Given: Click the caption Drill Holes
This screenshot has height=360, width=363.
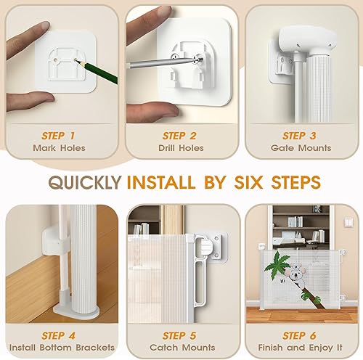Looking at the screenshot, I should tap(181, 148).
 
